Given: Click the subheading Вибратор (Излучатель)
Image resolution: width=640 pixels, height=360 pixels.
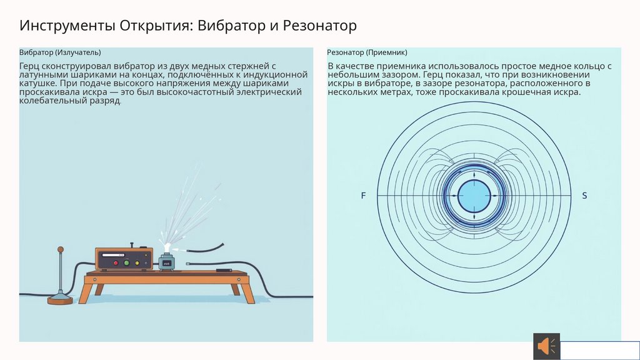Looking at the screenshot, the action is [x=60, y=52].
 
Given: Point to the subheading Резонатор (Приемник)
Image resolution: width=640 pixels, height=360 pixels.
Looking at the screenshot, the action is [x=367, y=52].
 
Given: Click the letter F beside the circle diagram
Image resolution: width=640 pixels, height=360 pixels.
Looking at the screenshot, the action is [x=363, y=196].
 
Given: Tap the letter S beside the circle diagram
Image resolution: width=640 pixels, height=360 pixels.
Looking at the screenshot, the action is [x=584, y=196].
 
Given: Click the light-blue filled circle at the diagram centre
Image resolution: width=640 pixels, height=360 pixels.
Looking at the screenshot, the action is [x=474, y=196].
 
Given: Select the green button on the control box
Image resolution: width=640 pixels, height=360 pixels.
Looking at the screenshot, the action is [x=127, y=263].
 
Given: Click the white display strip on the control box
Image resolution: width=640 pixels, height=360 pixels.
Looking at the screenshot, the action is [x=112, y=256].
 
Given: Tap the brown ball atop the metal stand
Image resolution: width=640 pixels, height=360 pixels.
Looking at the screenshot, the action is [x=61, y=250].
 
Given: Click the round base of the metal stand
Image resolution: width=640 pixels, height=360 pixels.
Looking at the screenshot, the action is [x=60, y=300].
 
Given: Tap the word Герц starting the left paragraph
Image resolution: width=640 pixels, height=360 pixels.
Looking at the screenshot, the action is [x=30, y=66].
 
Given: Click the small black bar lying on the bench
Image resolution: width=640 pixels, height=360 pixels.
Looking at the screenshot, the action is [x=223, y=271].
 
